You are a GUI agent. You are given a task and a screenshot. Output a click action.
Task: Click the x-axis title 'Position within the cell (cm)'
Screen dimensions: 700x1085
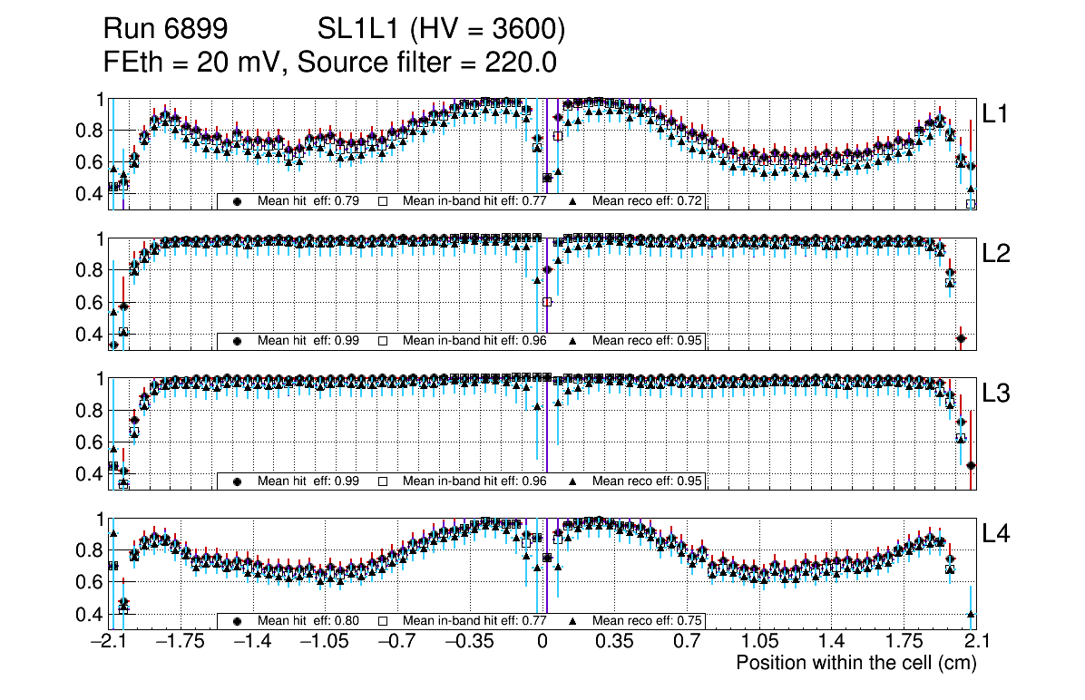(x=855, y=663)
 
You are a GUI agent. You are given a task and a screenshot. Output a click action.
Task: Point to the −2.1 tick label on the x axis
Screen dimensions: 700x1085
(x=109, y=642)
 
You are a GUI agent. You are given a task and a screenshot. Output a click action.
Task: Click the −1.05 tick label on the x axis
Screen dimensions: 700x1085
(x=325, y=642)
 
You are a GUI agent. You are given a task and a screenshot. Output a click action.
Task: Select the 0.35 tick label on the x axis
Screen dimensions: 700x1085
(x=614, y=642)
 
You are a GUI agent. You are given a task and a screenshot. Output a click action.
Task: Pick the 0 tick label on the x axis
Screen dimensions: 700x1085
(x=542, y=642)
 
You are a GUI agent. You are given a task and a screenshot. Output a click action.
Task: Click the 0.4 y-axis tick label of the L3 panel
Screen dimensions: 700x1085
(x=89, y=474)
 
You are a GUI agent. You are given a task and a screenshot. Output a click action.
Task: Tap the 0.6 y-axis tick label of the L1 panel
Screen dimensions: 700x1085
(x=89, y=162)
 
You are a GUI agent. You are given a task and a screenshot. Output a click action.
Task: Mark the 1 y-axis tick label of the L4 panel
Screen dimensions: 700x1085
(x=100, y=520)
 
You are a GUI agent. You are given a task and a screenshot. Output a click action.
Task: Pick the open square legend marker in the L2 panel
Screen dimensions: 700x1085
(x=383, y=341)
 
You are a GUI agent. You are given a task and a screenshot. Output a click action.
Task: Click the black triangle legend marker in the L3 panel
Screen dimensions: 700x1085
(x=573, y=481)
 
